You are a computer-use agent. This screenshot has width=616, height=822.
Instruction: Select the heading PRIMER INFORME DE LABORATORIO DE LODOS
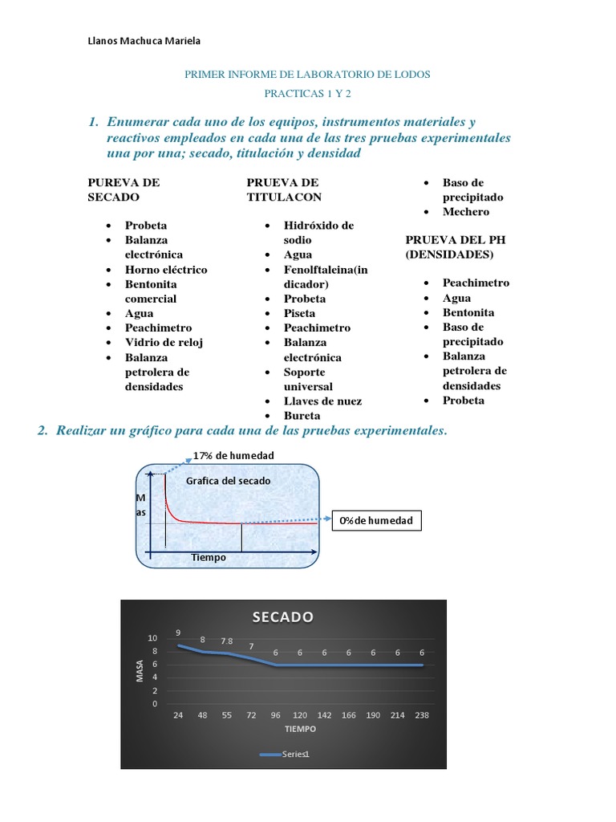307,74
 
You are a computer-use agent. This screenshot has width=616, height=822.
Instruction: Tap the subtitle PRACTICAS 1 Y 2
307,93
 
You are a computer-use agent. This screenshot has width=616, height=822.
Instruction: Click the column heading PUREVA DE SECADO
124,189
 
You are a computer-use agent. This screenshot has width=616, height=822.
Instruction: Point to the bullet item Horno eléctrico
165,270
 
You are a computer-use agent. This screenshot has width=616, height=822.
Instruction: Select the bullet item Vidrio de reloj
164,342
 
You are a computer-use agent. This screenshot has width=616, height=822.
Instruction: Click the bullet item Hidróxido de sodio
318,233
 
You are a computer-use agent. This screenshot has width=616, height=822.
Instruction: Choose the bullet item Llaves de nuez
322,401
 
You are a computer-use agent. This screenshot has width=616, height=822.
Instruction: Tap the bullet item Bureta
302,416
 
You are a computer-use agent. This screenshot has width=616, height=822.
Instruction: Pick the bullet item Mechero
465,212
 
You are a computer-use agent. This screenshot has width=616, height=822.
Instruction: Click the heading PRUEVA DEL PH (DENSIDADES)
455,247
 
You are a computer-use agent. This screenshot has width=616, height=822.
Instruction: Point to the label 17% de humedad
233,455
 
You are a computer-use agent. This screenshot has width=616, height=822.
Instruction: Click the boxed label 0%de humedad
375,521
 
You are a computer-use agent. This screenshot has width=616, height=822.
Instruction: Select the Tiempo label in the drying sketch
209,557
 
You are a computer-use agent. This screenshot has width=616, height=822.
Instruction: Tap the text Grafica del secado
228,481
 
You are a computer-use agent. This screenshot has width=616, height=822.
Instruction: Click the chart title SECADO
282,616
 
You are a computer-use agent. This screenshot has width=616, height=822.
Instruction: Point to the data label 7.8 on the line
227,641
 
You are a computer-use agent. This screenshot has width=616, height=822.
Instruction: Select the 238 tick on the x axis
421,714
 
